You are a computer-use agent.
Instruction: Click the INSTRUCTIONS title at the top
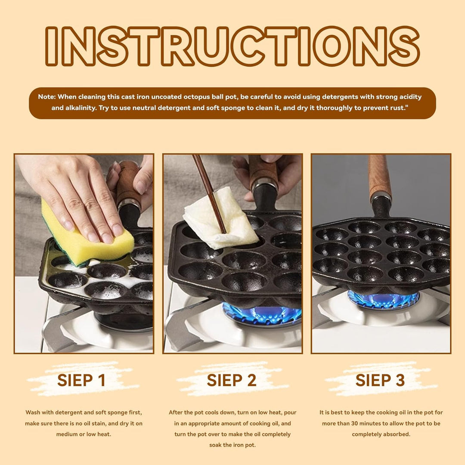coord(232,46)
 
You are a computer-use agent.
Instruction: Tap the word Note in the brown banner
coord(46,97)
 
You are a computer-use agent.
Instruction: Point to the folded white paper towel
coord(221,219)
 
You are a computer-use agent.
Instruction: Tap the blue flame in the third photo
coord(383,300)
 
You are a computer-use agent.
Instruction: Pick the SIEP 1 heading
coord(81,380)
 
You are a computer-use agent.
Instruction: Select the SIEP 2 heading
coord(232,380)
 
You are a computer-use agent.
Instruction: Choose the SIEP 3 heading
coord(380,380)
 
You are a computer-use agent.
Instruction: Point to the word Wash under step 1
coord(32,412)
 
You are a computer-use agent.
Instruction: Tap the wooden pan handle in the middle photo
coord(262,170)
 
